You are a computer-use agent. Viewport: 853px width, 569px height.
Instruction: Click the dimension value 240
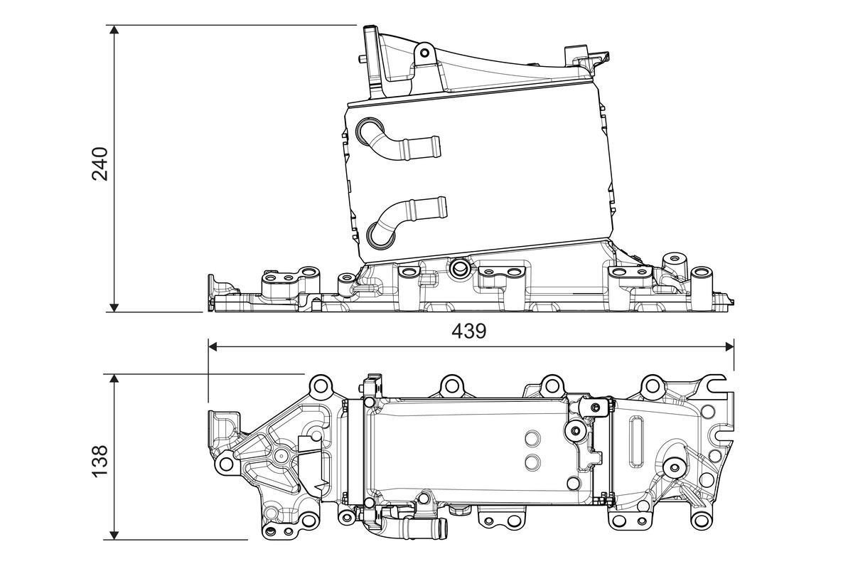tap(100, 164)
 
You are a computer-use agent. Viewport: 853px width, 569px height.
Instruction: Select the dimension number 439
tap(468, 331)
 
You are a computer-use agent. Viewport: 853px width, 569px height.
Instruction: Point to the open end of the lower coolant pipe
tap(441, 207)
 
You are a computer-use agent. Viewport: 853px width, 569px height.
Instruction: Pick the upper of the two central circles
tap(531, 437)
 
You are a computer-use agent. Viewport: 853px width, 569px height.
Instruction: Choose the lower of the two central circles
tap(531, 462)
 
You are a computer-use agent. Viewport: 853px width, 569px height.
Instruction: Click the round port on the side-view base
tap(460, 268)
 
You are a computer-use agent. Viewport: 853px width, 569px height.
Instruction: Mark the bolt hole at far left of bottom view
tap(227, 464)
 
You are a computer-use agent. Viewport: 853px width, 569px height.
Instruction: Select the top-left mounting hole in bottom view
tap(319, 386)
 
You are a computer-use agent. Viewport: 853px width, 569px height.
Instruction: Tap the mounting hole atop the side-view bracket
tap(424, 52)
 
